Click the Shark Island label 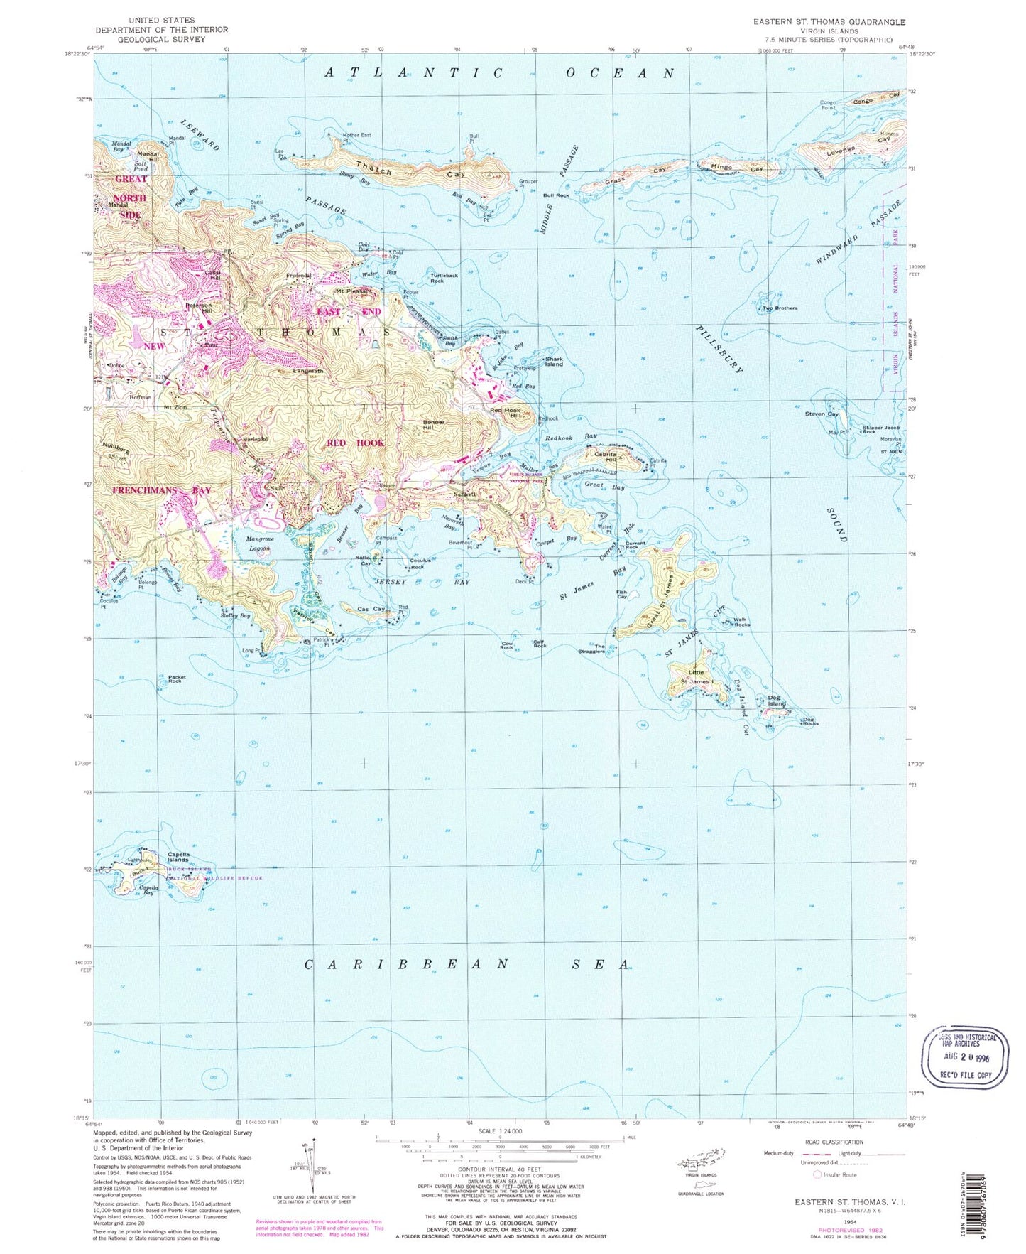click(553, 362)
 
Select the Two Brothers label click(780, 308)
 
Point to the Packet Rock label click(176, 679)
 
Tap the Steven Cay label click(822, 414)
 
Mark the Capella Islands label click(178, 857)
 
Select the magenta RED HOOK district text click(355, 443)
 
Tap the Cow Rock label click(506, 646)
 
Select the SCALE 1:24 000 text click(501, 1130)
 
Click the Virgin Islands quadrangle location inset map click(702, 1163)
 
